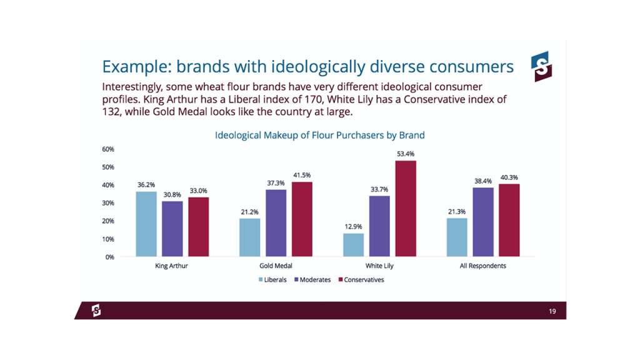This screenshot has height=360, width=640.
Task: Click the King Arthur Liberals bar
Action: [x=147, y=224]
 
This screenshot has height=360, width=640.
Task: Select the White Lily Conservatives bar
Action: [x=406, y=208]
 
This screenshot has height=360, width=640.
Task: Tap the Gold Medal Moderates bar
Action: [x=276, y=222]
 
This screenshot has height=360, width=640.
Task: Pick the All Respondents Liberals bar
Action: [x=457, y=237]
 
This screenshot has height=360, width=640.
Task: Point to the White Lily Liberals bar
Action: [x=353, y=244]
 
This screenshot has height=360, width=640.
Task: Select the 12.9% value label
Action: [x=353, y=226]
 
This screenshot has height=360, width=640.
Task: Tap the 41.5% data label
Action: [x=302, y=175]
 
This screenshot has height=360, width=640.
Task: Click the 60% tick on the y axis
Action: [x=108, y=149]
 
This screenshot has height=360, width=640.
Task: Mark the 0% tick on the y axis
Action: [x=109, y=257]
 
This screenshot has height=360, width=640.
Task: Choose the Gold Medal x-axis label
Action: [x=276, y=266]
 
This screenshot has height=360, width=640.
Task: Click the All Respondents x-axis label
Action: [x=482, y=266]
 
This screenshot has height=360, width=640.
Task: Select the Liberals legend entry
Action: [x=272, y=280]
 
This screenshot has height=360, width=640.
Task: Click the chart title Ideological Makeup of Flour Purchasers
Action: [x=319, y=135]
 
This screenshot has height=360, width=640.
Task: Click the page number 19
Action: [x=552, y=311]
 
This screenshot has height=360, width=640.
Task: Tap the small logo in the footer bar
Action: [x=96, y=311]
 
